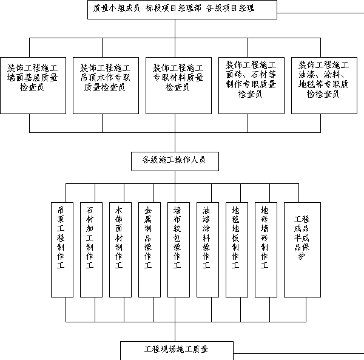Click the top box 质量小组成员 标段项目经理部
click(182, 10)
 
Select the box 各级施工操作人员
click(175, 161)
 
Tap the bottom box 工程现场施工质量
click(177, 350)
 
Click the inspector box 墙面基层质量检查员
click(33, 86)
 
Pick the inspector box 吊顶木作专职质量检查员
click(106, 86)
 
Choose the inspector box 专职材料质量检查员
click(178, 86)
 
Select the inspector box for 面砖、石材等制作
click(251, 86)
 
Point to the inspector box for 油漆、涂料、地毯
click(325, 86)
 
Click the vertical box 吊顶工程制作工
click(62, 250)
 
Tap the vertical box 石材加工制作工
click(91, 250)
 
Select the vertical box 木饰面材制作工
click(121, 250)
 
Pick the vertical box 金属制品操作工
click(149, 250)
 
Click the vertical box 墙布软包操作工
click(179, 250)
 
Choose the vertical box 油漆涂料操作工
click(207, 250)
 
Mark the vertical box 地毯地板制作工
click(237, 250)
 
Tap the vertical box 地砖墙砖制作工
click(266, 250)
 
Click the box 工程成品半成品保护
click(303, 250)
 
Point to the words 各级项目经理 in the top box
click(230, 8)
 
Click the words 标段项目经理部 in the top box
click(173, 8)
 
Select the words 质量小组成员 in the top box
click(116, 8)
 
